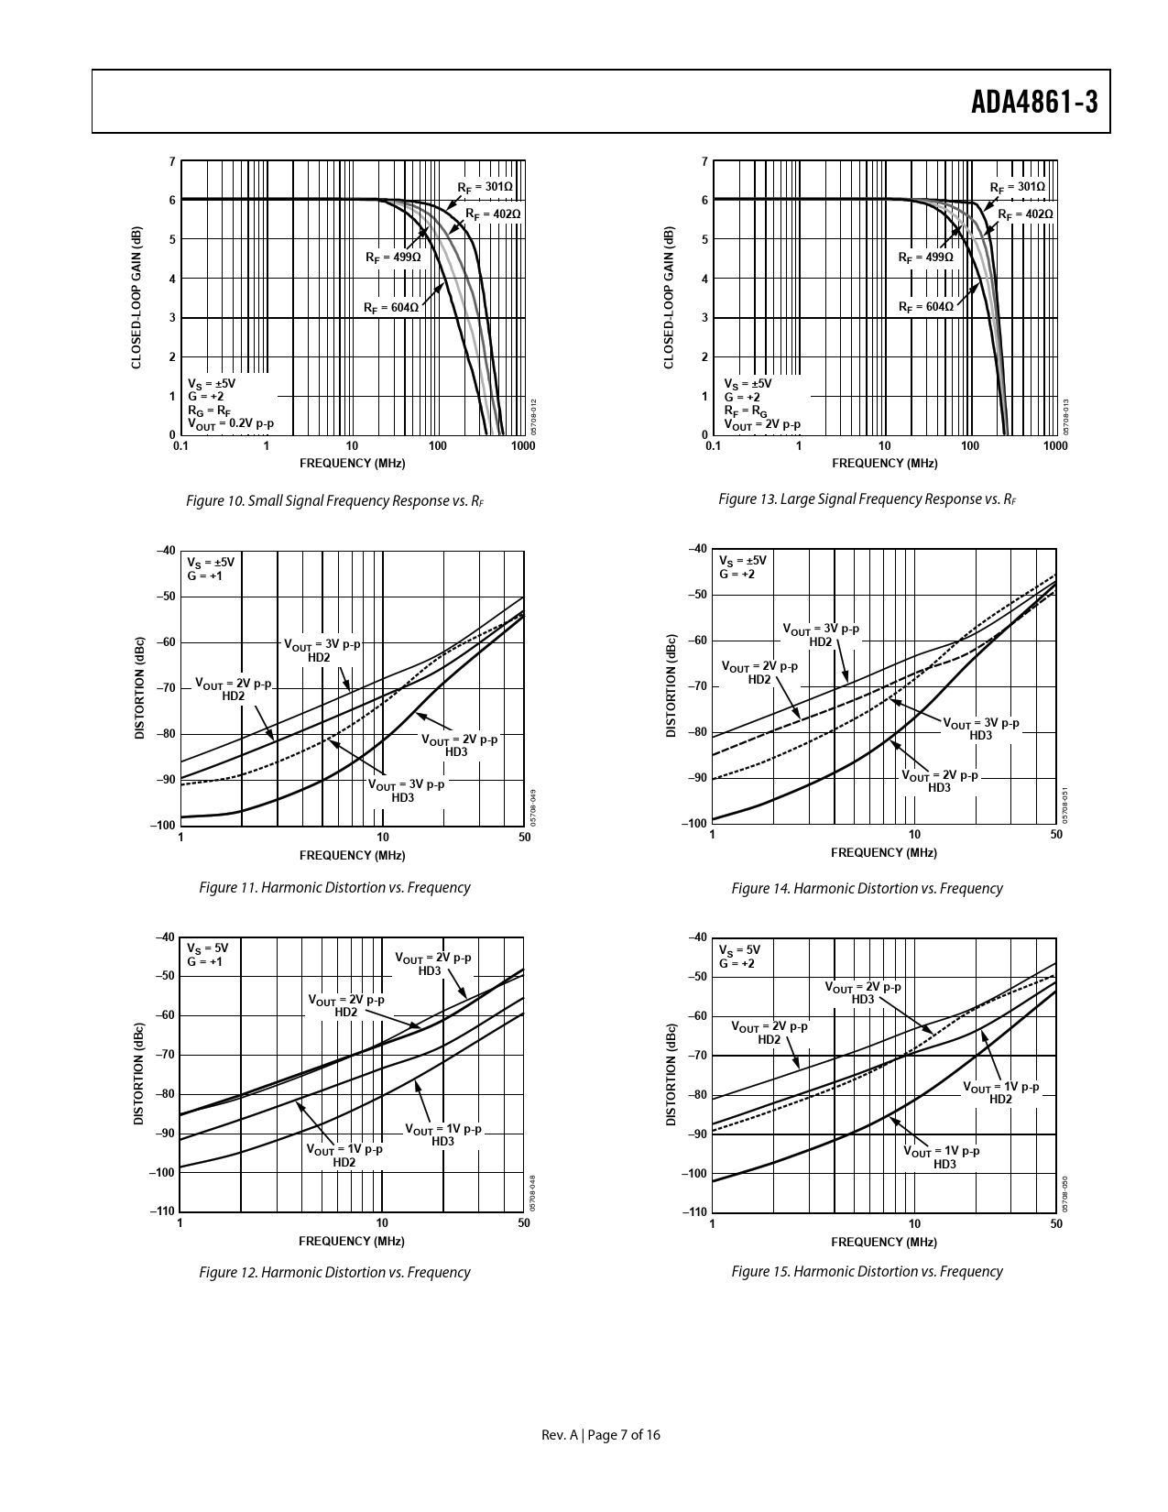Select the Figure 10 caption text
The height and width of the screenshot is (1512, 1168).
(334, 501)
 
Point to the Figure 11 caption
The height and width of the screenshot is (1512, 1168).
(334, 887)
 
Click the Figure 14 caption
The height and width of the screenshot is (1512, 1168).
(867, 888)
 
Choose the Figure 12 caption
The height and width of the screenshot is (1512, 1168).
(334, 1272)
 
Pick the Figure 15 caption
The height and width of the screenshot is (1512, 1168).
(867, 1271)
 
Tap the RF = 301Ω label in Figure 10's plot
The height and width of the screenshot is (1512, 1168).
(485, 187)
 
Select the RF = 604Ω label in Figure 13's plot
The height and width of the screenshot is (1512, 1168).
(925, 307)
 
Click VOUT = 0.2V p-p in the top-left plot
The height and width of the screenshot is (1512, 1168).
(231, 423)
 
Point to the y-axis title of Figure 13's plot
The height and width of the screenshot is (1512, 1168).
(669, 298)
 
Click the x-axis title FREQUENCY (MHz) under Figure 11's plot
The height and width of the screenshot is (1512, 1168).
(352, 855)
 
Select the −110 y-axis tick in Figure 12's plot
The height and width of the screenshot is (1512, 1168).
(164, 1211)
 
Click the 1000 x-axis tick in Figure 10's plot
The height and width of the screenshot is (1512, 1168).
(523, 446)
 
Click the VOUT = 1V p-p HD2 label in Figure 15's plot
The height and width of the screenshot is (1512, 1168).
(1000, 1092)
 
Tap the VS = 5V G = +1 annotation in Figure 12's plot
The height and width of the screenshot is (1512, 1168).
(207, 955)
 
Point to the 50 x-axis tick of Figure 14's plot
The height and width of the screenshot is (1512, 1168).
(1056, 835)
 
